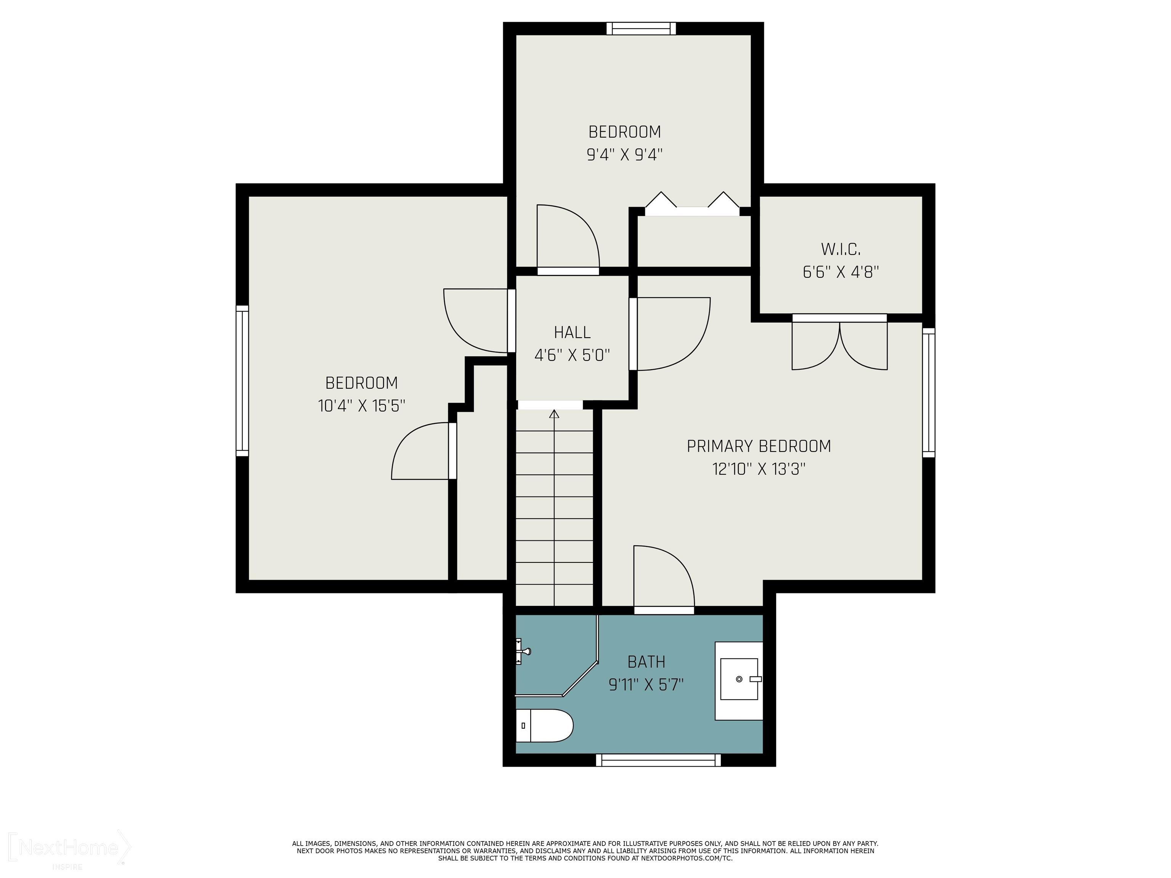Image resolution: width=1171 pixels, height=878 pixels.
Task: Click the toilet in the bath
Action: click(x=544, y=726)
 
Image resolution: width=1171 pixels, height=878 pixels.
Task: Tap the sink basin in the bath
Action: click(x=739, y=679)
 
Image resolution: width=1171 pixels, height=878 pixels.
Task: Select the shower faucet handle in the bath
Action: click(x=523, y=651)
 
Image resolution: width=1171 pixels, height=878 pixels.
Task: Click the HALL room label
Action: click(x=572, y=332)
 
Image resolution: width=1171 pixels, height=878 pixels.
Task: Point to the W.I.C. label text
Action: click(x=841, y=249)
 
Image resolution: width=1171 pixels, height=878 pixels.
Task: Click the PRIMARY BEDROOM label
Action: click(x=759, y=446)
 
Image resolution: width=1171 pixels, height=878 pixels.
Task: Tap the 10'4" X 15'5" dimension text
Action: click(x=362, y=406)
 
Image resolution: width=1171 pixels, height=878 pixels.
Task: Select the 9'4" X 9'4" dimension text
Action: click(x=625, y=155)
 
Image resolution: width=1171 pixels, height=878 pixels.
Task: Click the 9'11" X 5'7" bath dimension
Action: click(x=646, y=685)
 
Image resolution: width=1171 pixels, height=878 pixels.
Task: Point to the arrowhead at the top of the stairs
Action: click(x=554, y=414)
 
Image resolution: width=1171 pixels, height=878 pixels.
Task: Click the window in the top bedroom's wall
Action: click(x=641, y=29)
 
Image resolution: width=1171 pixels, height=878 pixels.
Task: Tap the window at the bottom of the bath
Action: click(x=659, y=760)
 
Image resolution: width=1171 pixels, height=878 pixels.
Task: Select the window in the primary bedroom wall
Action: click(x=929, y=392)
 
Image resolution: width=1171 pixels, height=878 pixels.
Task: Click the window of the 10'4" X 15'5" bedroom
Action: click(x=242, y=381)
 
